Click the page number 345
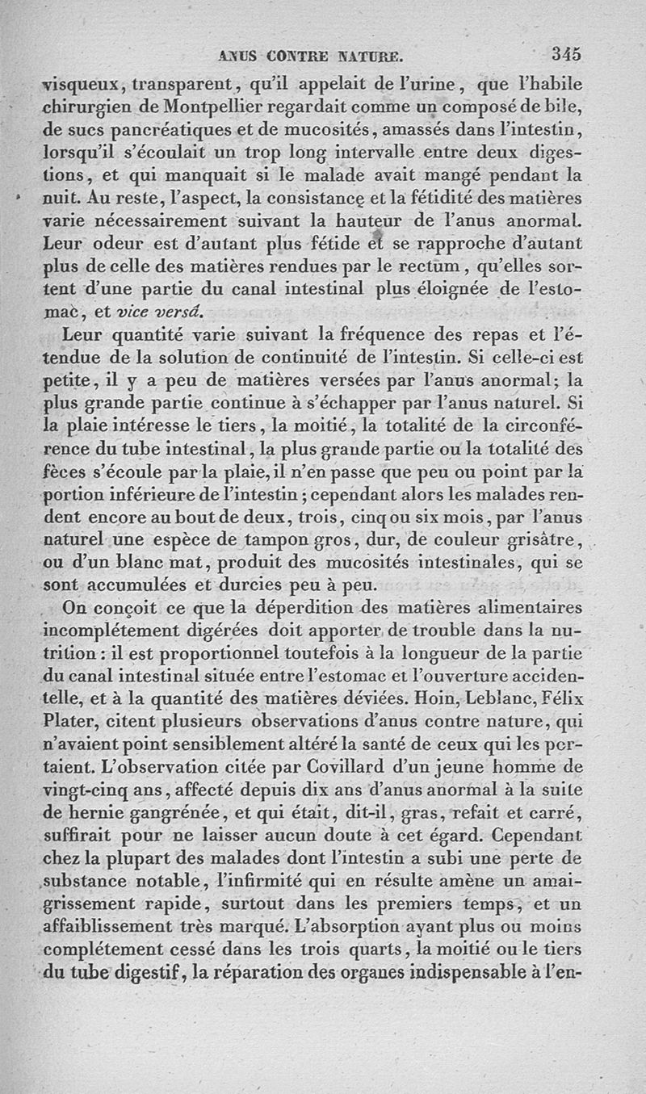[x=567, y=54]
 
